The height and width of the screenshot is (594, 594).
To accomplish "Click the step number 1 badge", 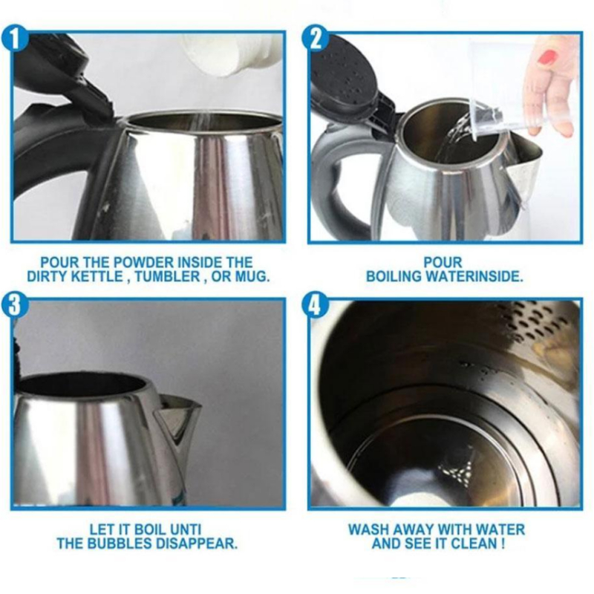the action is (x=14, y=39).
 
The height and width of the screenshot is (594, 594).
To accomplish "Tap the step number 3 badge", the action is (x=14, y=305).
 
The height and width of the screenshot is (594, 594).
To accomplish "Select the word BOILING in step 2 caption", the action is (x=394, y=277).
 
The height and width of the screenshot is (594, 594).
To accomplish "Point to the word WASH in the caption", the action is (x=368, y=529).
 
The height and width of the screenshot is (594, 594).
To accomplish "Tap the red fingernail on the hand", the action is (x=546, y=57).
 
